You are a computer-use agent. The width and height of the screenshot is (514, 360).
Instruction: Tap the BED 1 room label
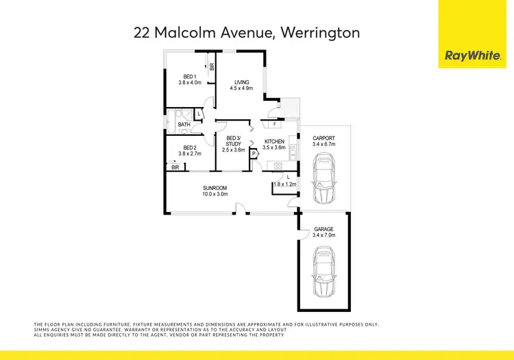[x=190, y=76]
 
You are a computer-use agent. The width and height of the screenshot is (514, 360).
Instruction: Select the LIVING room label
[x=241, y=82]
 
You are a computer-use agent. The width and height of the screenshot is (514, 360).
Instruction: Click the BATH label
[x=184, y=124]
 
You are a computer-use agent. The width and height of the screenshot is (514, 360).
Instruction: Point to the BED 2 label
[x=190, y=148]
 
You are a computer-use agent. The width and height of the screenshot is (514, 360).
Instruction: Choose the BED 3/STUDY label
[x=233, y=141]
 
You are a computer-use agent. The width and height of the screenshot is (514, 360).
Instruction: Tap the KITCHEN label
[x=274, y=142]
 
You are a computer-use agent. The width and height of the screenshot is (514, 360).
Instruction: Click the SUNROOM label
[x=215, y=188]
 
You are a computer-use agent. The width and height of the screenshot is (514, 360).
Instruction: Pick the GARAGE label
[x=323, y=229]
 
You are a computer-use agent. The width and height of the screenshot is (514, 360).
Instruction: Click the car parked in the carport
[x=323, y=178]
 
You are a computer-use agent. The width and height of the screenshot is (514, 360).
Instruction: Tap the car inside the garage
[x=323, y=272]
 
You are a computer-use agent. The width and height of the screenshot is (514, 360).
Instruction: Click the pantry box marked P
[x=254, y=154]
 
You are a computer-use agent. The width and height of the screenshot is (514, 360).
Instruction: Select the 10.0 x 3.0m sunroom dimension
[x=215, y=194]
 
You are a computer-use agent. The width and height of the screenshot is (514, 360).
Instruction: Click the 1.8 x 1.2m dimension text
[x=284, y=184]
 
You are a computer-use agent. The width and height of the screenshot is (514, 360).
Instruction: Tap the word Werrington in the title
[x=318, y=32]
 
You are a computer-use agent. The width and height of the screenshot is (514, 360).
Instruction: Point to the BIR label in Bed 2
[x=175, y=167]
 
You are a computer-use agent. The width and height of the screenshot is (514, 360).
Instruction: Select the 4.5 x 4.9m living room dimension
[x=241, y=88]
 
